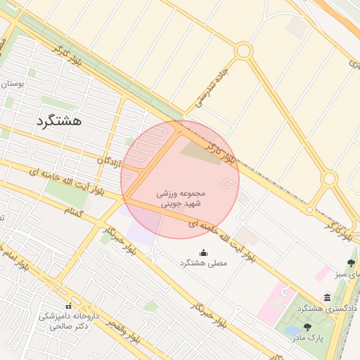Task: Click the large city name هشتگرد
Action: pyautogui.click(x=58, y=120)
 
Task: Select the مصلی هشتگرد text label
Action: pyautogui.click(x=204, y=263)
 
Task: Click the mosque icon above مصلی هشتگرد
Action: pyautogui.click(x=204, y=252)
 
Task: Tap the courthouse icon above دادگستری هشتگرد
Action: pyautogui.click(x=327, y=298)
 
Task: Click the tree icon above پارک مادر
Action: pyautogui.click(x=307, y=327)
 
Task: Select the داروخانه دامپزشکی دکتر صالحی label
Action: pyautogui.click(x=68, y=322)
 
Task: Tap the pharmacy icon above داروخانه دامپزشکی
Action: pyautogui.click(x=68, y=306)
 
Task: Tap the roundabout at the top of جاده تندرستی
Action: pyautogui.click(x=243, y=51)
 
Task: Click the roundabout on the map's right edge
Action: pyautogui.click(x=328, y=179)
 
